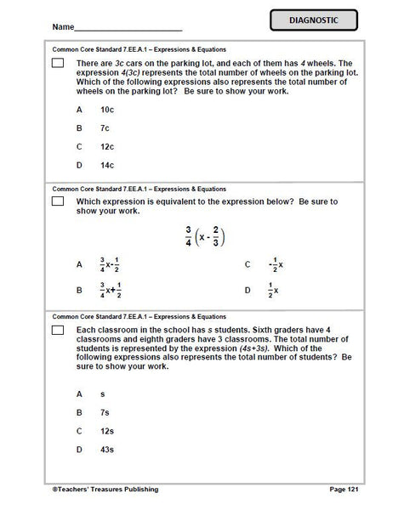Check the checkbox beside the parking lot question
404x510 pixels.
click(x=58, y=65)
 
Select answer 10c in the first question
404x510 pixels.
click(x=107, y=110)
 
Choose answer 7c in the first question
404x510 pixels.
click(x=105, y=127)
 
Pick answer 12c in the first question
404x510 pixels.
click(x=107, y=145)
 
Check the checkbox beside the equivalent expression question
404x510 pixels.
click(x=58, y=202)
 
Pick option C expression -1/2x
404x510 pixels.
click(x=274, y=265)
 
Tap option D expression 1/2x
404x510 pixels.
click(x=274, y=290)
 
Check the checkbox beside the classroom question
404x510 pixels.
click(x=58, y=329)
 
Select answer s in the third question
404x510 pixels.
click(x=102, y=394)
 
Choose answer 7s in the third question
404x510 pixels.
click(x=105, y=412)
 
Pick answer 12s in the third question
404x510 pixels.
click(x=107, y=430)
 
